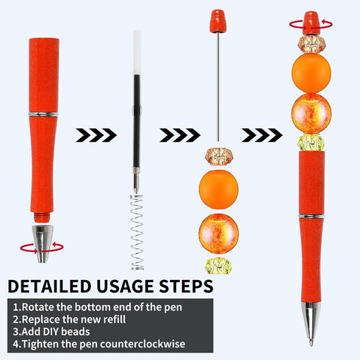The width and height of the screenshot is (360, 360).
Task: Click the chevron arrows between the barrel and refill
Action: coord(96,134)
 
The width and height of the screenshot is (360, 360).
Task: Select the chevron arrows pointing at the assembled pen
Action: coord(261,134)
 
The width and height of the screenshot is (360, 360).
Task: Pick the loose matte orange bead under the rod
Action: coord(218,188)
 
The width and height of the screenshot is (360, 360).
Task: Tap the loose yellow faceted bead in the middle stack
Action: coord(218,265)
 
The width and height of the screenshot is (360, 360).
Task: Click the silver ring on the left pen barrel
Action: coord(43,114)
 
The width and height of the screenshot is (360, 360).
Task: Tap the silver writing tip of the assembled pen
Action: coord(311,323)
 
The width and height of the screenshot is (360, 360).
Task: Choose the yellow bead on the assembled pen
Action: coord(311,143)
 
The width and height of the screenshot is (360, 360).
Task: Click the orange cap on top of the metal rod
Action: coord(217,21)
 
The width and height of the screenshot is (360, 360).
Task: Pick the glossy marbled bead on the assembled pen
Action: coord(311,113)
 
